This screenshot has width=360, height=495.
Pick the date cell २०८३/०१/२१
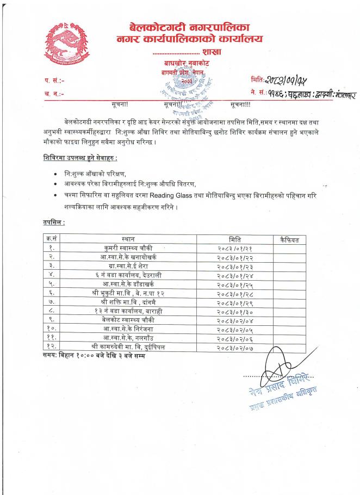click(235, 249)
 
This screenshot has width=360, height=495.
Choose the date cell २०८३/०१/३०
click(235, 311)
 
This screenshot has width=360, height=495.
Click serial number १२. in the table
click(51, 346)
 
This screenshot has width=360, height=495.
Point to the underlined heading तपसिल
click(53, 222)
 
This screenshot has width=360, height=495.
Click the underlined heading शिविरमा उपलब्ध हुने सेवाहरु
click(80, 158)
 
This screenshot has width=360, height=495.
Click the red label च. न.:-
click(54, 94)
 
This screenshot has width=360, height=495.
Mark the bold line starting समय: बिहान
click(94, 355)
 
